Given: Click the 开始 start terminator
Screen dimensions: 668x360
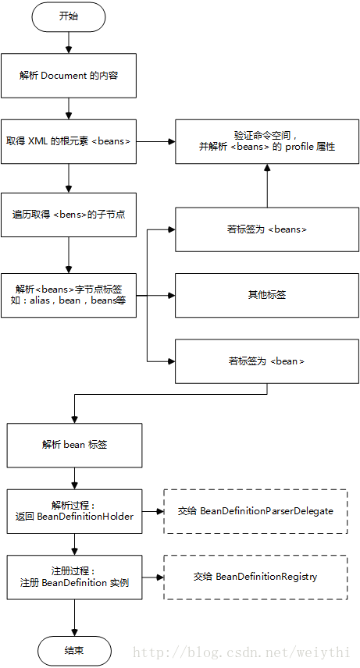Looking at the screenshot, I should click(x=69, y=16).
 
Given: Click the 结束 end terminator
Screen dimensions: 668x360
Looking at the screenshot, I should click(x=74, y=650).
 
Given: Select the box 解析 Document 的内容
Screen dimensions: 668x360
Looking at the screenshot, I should click(x=69, y=75).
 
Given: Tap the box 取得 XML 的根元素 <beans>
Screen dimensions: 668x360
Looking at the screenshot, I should click(x=69, y=141).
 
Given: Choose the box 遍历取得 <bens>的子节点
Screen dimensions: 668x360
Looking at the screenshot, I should click(x=69, y=215).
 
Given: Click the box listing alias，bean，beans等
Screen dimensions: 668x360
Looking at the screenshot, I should click(x=69, y=294).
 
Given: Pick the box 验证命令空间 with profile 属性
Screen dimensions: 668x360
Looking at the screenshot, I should click(x=267, y=141).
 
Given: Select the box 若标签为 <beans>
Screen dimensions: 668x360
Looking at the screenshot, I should click(x=267, y=229).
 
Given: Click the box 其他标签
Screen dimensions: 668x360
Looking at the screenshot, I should click(x=267, y=295).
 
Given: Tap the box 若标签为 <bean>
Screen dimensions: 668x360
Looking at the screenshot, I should click(x=267, y=361).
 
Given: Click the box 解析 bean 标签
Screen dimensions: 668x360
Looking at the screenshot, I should click(x=74, y=444).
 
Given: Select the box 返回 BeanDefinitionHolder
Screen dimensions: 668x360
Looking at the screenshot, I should click(x=74, y=511).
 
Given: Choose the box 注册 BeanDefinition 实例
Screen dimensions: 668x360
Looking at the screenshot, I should click(x=74, y=577).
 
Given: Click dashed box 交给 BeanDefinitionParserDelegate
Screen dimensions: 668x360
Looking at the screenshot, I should click(x=255, y=511).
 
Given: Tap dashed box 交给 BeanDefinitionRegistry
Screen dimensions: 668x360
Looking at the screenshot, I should click(x=255, y=577).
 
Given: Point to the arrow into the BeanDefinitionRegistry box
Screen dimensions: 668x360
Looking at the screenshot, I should click(x=153, y=577).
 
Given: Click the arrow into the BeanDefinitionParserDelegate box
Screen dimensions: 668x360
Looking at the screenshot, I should click(x=153, y=511).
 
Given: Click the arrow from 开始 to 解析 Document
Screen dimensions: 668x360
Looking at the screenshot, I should click(x=69, y=42).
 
